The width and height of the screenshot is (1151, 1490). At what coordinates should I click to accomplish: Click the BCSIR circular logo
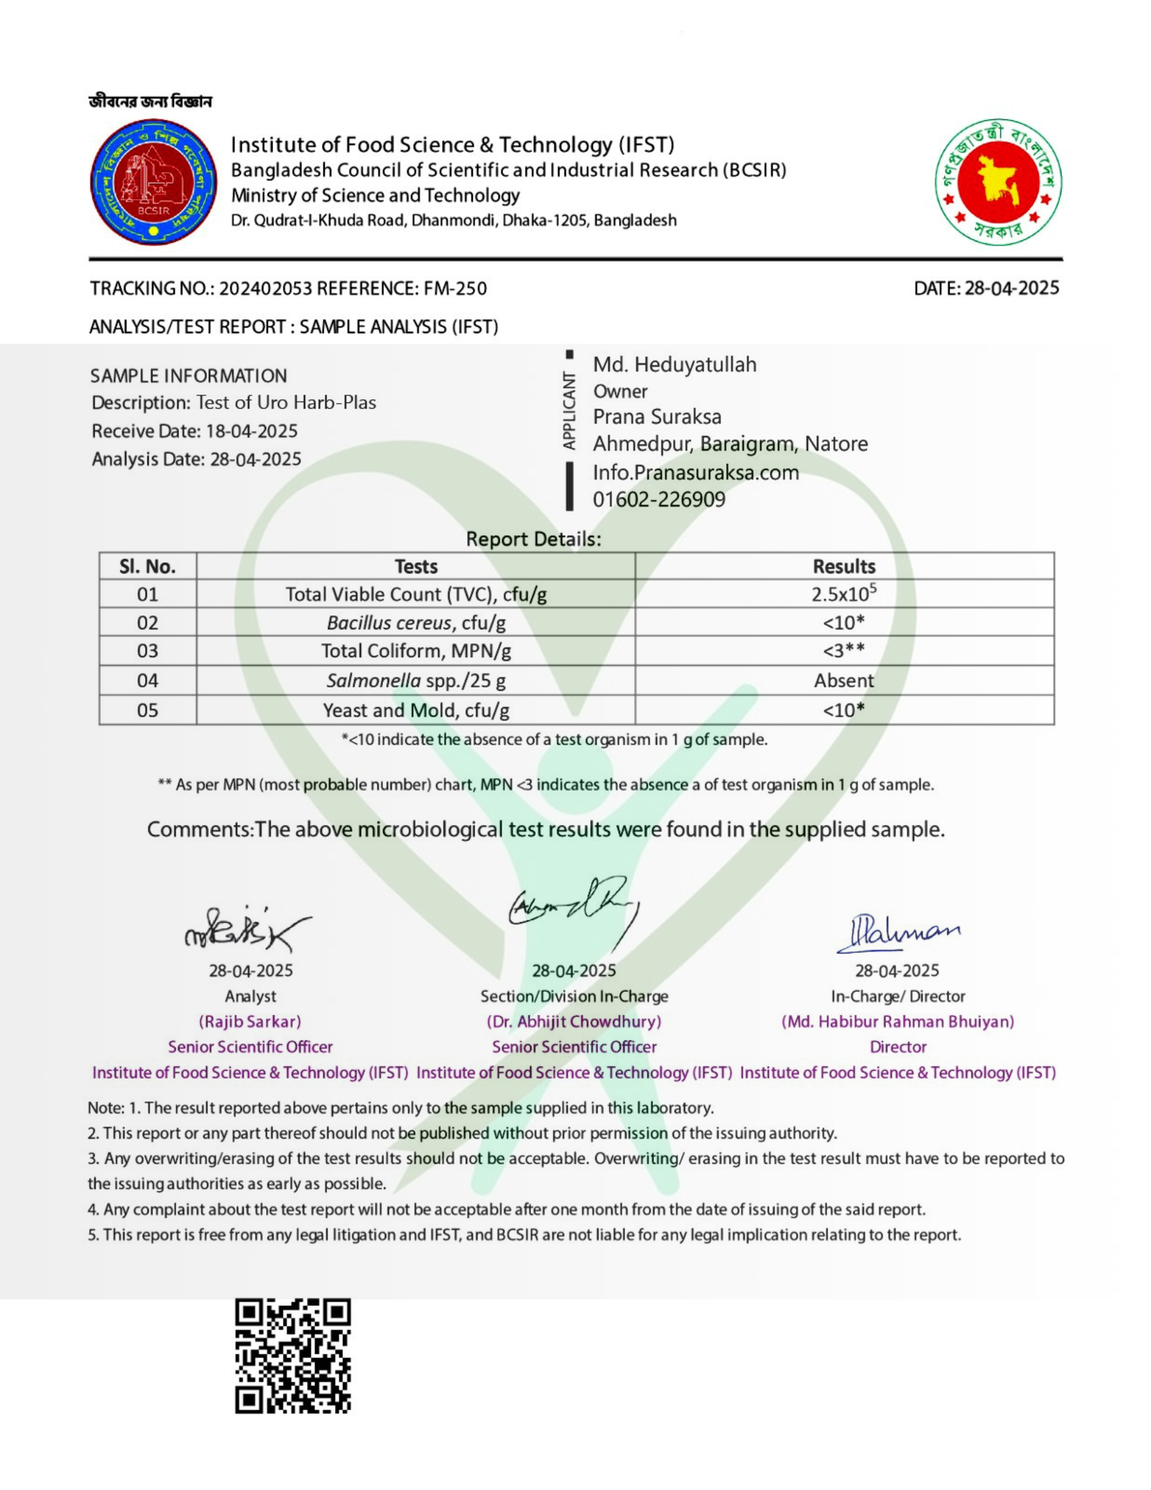pyautogui.click(x=153, y=182)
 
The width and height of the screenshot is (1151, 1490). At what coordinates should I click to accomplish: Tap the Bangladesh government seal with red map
pyautogui.click(x=998, y=182)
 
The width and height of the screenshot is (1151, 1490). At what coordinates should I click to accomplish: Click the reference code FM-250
pyautogui.click(x=455, y=288)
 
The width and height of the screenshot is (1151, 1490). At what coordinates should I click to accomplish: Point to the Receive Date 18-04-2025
pyautogui.click(x=251, y=431)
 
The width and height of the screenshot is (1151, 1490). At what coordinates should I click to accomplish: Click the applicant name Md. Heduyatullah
pyautogui.click(x=674, y=365)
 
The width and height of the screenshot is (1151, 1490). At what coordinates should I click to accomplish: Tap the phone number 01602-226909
pyautogui.click(x=659, y=499)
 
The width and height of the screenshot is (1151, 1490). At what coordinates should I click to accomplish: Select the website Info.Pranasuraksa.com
pyautogui.click(x=695, y=472)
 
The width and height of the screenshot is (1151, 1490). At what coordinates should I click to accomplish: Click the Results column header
pyautogui.click(x=844, y=566)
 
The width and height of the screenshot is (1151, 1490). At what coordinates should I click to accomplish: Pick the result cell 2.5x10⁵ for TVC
pyautogui.click(x=844, y=594)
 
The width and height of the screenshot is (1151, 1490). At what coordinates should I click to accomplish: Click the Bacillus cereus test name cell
pyautogui.click(x=416, y=622)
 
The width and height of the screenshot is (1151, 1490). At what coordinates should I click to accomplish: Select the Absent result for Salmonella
pyautogui.click(x=844, y=680)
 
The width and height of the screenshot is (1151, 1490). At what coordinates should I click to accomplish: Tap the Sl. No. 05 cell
pyautogui.click(x=147, y=710)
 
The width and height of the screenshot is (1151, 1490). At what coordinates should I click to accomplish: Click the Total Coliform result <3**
pyautogui.click(x=844, y=651)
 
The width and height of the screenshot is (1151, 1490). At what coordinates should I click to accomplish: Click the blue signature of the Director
pyautogui.click(x=898, y=933)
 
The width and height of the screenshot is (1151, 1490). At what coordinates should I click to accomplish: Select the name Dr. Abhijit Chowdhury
pyautogui.click(x=573, y=1021)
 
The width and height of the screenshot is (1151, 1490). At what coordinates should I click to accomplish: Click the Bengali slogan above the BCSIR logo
pyautogui.click(x=150, y=102)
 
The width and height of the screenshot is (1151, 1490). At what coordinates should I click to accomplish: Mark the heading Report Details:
pyautogui.click(x=533, y=539)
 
